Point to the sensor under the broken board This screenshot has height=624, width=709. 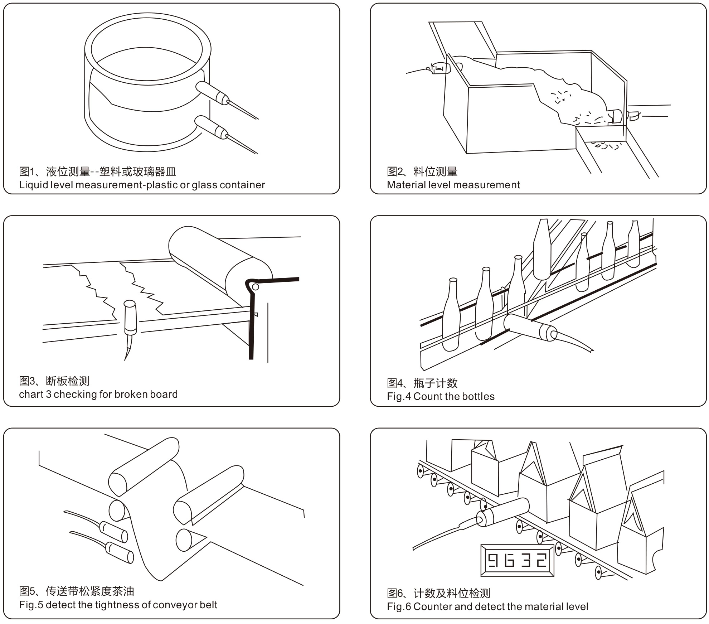(130, 317)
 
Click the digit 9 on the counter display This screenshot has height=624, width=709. (493, 560)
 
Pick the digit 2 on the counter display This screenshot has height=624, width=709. (541, 560)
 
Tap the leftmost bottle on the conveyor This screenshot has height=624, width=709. (451, 315)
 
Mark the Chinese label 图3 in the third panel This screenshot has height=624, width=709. (27, 381)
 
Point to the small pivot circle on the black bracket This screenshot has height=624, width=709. (255, 287)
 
